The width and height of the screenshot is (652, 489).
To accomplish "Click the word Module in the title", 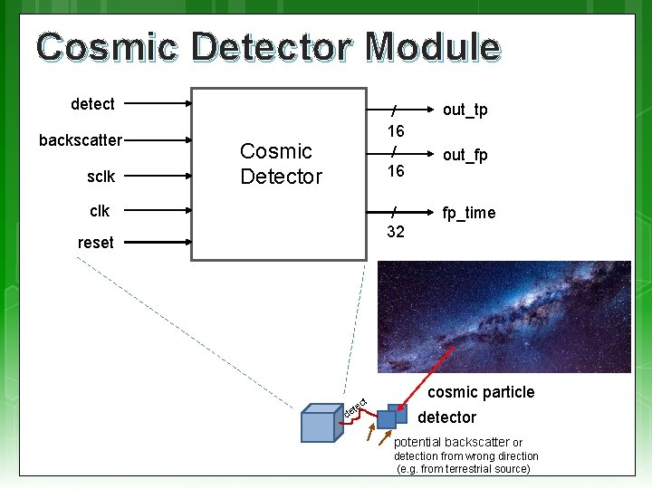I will click(432, 46).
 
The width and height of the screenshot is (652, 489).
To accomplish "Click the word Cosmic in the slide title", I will click(107, 46).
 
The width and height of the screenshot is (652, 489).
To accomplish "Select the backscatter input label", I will click(80, 140).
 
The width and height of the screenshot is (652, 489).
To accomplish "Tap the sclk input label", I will click(101, 177).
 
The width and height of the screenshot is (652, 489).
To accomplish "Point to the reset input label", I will click(95, 242).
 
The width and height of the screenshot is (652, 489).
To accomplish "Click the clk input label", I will click(100, 211).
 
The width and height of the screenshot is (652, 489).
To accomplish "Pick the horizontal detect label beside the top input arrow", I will click(92, 104).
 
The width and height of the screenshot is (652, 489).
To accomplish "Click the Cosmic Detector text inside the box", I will click(281, 164).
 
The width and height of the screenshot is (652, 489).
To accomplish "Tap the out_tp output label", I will click(465, 110).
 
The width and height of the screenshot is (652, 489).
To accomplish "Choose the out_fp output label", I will click(465, 155).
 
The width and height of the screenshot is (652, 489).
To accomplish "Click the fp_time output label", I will click(468, 213).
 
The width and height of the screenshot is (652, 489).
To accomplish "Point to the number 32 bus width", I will click(395, 231).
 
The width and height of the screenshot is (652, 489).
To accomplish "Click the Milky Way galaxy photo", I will click(503, 316).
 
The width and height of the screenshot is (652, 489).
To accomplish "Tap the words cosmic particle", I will click(481, 392).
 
